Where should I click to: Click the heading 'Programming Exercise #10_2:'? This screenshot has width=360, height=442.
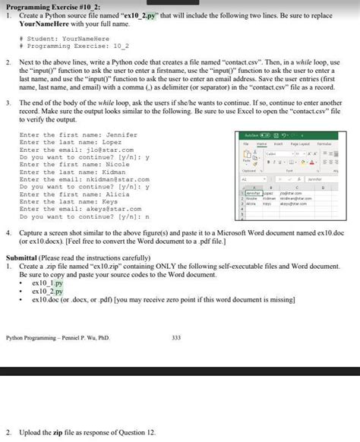click(x=49, y=6)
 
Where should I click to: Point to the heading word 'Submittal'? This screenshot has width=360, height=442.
click(x=24, y=257)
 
